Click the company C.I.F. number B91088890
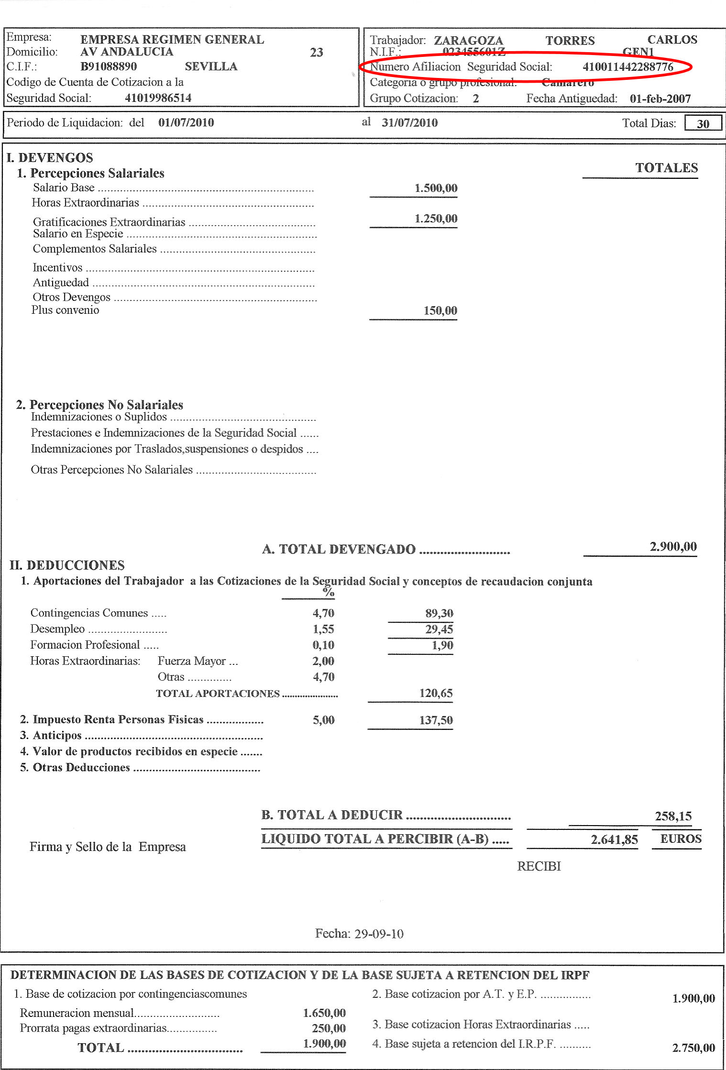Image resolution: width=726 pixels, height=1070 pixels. [109, 66]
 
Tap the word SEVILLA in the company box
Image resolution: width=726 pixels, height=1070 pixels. [211, 66]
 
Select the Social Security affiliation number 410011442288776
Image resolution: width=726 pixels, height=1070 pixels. [627, 67]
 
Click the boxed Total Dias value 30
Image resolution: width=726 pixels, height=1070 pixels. [703, 123]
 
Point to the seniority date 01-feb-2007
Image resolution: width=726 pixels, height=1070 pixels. [660, 99]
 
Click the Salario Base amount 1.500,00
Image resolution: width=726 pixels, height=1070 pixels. [436, 188]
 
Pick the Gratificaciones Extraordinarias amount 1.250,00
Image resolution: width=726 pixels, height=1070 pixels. [436, 219]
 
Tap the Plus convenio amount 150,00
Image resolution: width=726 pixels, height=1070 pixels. [440, 310]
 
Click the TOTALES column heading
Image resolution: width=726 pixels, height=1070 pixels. [666, 167]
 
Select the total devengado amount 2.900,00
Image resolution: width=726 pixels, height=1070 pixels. [673, 546]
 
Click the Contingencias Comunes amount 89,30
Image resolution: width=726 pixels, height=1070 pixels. [439, 613]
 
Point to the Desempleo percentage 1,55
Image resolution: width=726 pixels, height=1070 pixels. [323, 629]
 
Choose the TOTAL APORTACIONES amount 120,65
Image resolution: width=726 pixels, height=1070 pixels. [436, 693]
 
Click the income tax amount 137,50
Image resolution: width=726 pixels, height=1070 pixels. [436, 720]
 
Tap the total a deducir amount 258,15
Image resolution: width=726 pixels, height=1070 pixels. [673, 816]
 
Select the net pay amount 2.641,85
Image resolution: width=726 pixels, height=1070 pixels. [614, 839]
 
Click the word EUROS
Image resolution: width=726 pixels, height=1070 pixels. [681, 838]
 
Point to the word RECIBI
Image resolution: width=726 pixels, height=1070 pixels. [539, 866]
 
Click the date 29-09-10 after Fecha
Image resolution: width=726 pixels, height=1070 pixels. [379, 934]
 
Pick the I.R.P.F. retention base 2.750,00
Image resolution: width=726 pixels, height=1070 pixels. [693, 1048]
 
